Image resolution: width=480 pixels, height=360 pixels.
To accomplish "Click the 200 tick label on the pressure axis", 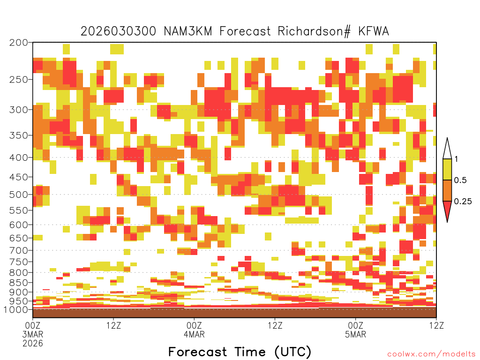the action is [x=18, y=43].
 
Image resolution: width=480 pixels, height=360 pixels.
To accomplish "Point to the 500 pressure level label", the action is [x=18, y=195].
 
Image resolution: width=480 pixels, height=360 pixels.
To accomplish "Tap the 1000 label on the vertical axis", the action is [x=16, y=310].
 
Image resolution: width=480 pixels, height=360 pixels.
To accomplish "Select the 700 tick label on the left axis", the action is [x=18, y=251].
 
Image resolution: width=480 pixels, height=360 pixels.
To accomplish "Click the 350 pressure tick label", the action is [x=18, y=135].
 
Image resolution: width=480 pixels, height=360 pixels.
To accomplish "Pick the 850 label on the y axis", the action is [x=18, y=283].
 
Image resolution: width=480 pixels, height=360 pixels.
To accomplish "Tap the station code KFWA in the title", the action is [x=374, y=31].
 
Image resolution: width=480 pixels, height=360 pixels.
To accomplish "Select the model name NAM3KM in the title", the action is [x=188, y=31].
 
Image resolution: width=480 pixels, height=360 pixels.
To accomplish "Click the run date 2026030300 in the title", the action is [x=119, y=31].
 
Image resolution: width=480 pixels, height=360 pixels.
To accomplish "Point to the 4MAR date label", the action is [x=194, y=334].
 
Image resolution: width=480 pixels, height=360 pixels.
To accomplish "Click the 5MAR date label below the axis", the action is [x=355, y=334].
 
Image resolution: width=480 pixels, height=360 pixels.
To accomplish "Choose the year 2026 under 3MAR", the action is [x=33, y=343].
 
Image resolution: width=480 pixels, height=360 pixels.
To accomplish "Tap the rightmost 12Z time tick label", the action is [x=436, y=325].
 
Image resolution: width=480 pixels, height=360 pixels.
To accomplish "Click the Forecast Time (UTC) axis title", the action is [x=240, y=352].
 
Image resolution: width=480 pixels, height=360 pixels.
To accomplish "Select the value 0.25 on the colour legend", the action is [x=463, y=202].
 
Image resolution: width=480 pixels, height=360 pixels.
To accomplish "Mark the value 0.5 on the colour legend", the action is [x=460, y=180].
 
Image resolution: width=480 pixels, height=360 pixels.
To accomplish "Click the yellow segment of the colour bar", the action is [x=447, y=169].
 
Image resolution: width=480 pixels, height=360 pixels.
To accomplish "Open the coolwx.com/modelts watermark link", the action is [x=431, y=354].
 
